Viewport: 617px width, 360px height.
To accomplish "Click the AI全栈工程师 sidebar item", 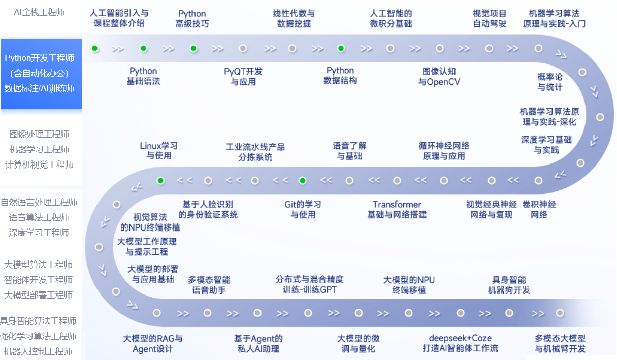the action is tap(39, 12).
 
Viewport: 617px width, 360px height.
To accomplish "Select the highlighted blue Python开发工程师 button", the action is tap(41, 74).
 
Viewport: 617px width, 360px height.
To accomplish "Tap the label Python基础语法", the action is tap(143, 76).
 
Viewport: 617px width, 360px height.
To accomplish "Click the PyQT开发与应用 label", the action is tap(243, 76).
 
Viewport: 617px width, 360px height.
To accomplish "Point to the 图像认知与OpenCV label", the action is tap(439, 76).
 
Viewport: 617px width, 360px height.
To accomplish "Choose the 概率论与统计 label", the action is tap(550, 82).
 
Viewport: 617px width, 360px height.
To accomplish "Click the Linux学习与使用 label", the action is tap(159, 150).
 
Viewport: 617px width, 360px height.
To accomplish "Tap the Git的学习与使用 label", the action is tap(303, 209).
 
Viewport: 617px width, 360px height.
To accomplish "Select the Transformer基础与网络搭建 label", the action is tap(397, 209).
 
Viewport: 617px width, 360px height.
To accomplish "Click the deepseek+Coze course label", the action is tap(460, 343).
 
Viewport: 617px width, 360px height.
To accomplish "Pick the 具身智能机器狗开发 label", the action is tap(509, 285).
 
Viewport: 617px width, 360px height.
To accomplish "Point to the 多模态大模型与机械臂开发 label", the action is tap(560, 343).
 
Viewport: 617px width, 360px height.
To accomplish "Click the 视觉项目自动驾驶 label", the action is tap(490, 18).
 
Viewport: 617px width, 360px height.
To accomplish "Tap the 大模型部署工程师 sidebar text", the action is tap(38, 295).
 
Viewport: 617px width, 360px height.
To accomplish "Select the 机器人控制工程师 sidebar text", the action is tap(38, 351).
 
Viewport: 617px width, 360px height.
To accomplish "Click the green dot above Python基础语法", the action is tap(144, 49).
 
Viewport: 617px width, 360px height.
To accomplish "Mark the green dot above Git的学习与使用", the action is tap(303, 180).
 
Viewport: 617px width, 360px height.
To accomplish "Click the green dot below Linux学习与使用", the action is tap(160, 180).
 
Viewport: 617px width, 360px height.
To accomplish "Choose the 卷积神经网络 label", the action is tap(539, 209).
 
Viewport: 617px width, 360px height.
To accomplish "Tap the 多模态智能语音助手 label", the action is tap(209, 285).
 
